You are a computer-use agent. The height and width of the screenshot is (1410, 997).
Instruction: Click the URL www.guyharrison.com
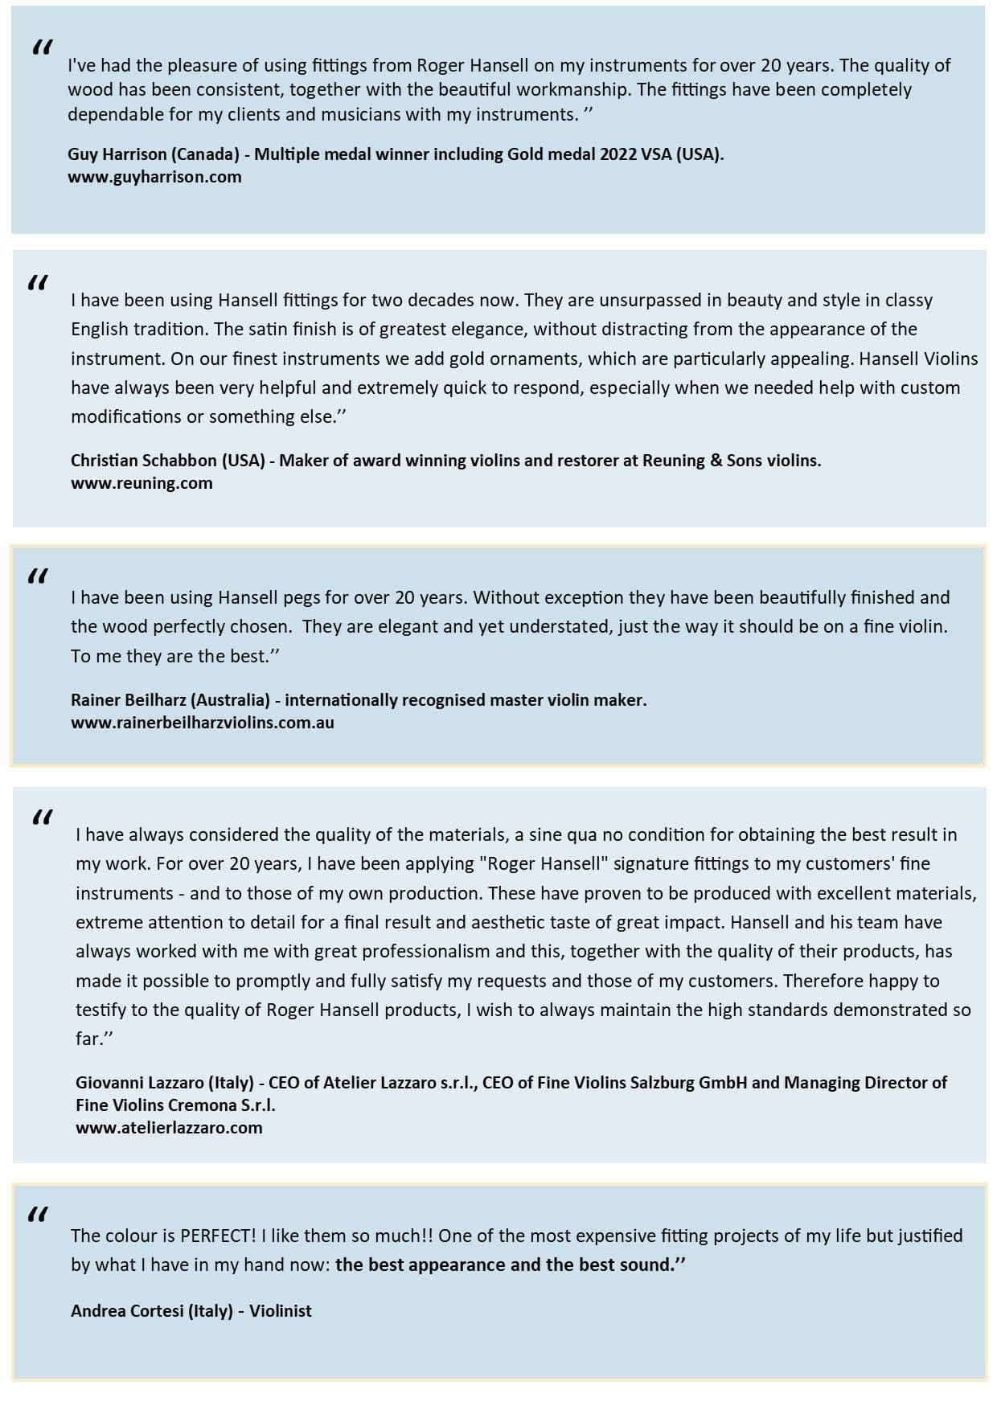[154, 177]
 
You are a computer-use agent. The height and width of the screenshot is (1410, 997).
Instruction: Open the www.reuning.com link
[142, 483]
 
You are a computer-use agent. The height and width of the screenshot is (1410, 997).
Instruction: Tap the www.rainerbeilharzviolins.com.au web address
[202, 722]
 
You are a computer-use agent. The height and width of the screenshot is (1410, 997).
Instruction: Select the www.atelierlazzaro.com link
[169, 1127]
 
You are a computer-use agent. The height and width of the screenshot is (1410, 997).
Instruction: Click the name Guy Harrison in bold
[116, 154]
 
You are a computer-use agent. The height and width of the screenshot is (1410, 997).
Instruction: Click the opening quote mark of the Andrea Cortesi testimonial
[38, 1213]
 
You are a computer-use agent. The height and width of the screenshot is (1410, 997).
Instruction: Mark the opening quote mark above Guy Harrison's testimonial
[43, 47]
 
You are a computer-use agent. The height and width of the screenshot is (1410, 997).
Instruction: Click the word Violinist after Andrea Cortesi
[280, 1310]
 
